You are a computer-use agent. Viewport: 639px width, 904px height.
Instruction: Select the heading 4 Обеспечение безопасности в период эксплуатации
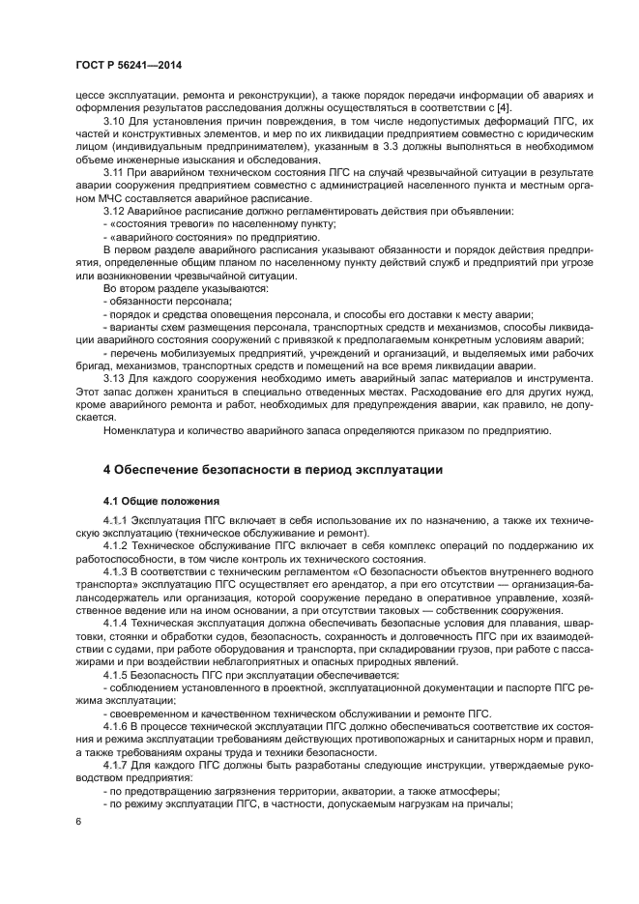(273, 470)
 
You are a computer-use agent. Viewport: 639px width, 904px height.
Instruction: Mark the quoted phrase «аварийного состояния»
(160, 236)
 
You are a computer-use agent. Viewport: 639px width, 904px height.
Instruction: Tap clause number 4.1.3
(117, 572)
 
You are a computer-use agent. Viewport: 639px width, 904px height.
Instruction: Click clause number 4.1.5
(117, 676)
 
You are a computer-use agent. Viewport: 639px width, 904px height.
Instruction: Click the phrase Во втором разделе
(147, 288)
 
